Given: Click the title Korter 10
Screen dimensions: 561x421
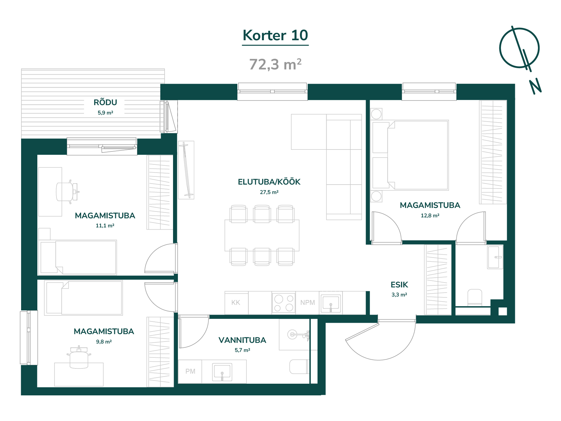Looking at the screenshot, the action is [275, 35].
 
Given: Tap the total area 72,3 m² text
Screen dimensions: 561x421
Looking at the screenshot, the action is [275, 64].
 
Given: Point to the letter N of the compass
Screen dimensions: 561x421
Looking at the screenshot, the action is [535, 86].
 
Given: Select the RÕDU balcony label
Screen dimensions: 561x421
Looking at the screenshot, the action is [105, 102].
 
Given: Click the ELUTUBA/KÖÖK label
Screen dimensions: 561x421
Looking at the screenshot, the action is [269, 182].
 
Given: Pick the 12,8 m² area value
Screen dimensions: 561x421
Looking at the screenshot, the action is [430, 216].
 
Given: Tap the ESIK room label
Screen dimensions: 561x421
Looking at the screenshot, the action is [399, 285].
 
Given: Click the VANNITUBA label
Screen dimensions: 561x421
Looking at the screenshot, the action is [242, 340].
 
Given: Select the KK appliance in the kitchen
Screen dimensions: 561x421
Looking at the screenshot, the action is [236, 303].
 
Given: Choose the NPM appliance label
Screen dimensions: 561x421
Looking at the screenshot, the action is [307, 303].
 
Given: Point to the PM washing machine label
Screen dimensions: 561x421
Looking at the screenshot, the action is [190, 371].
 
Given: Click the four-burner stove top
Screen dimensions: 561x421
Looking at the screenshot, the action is [284, 303].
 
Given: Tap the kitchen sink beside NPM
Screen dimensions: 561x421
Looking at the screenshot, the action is [331, 304].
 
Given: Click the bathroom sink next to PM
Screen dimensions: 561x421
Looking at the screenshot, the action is [222, 372].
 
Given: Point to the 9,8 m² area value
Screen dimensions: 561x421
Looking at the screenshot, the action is [104, 342].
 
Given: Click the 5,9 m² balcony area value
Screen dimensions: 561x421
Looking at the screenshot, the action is [105, 113].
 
